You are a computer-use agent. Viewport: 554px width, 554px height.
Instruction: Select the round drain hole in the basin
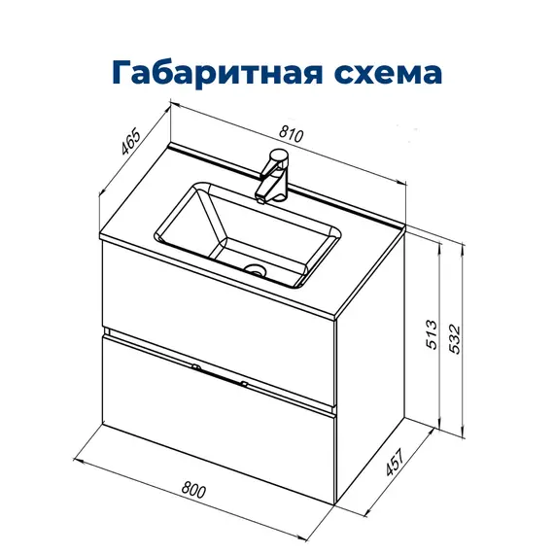tap(256, 270)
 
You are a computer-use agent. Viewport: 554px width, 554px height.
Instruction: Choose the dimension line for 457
tap(379, 476)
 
